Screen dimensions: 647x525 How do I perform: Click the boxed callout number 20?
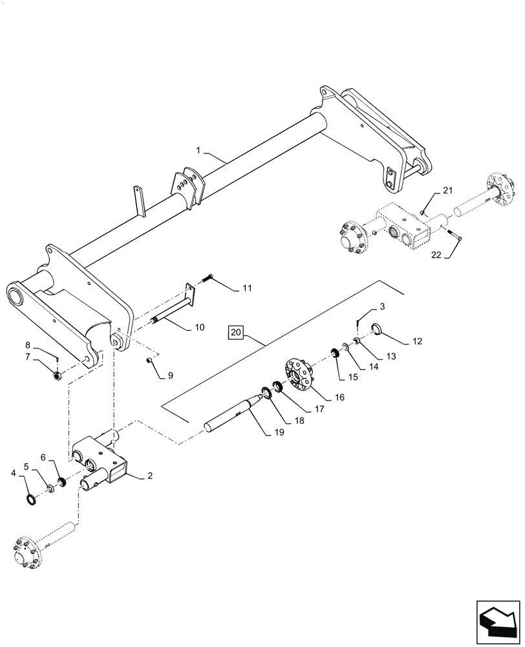tap(236, 333)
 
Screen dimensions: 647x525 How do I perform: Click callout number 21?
tap(447, 190)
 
